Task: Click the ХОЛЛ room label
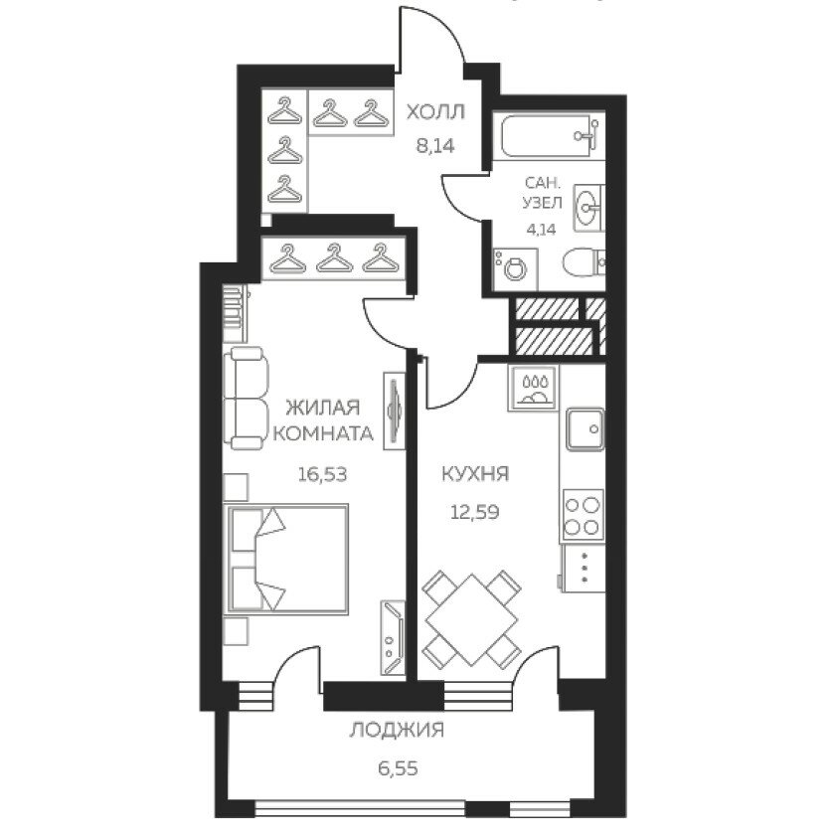(435, 112)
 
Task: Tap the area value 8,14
(435, 145)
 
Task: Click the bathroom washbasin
(588, 208)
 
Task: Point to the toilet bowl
(584, 262)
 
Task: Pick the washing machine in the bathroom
(515, 269)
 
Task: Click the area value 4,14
(541, 230)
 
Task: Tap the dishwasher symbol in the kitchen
(534, 388)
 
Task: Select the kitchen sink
(585, 428)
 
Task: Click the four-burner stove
(584, 516)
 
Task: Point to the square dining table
(472, 619)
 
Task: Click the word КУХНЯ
(475, 473)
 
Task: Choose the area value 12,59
(475, 512)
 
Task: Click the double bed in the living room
(288, 559)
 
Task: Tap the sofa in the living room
(246, 399)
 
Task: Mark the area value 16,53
(322, 473)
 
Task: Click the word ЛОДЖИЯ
(398, 731)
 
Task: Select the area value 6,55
(398, 768)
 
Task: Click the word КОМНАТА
(323, 433)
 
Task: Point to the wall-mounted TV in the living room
(395, 410)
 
